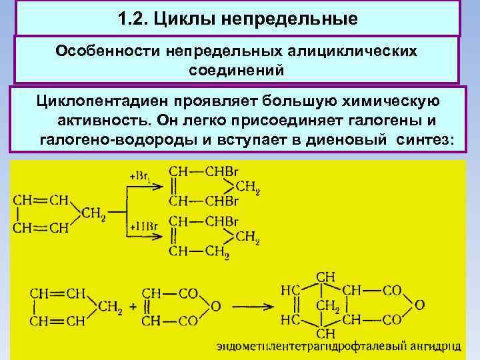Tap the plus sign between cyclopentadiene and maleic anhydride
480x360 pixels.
tap(133, 307)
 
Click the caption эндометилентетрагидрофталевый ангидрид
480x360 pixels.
tap(338, 346)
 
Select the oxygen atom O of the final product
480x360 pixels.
tap(419, 305)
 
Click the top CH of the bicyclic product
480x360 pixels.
tap(326, 276)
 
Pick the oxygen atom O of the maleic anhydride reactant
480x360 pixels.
tap(215, 306)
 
